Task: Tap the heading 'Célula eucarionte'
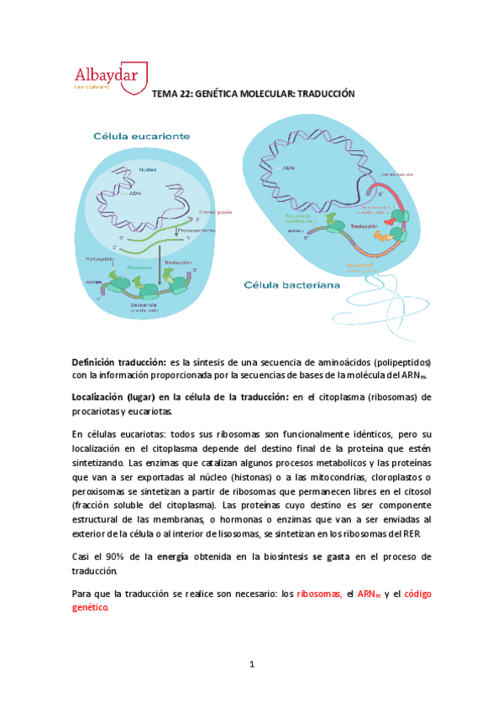(x=141, y=135)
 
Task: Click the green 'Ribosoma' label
(x=139, y=267)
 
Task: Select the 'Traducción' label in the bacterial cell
(x=364, y=227)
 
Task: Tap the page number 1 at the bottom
(x=251, y=664)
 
